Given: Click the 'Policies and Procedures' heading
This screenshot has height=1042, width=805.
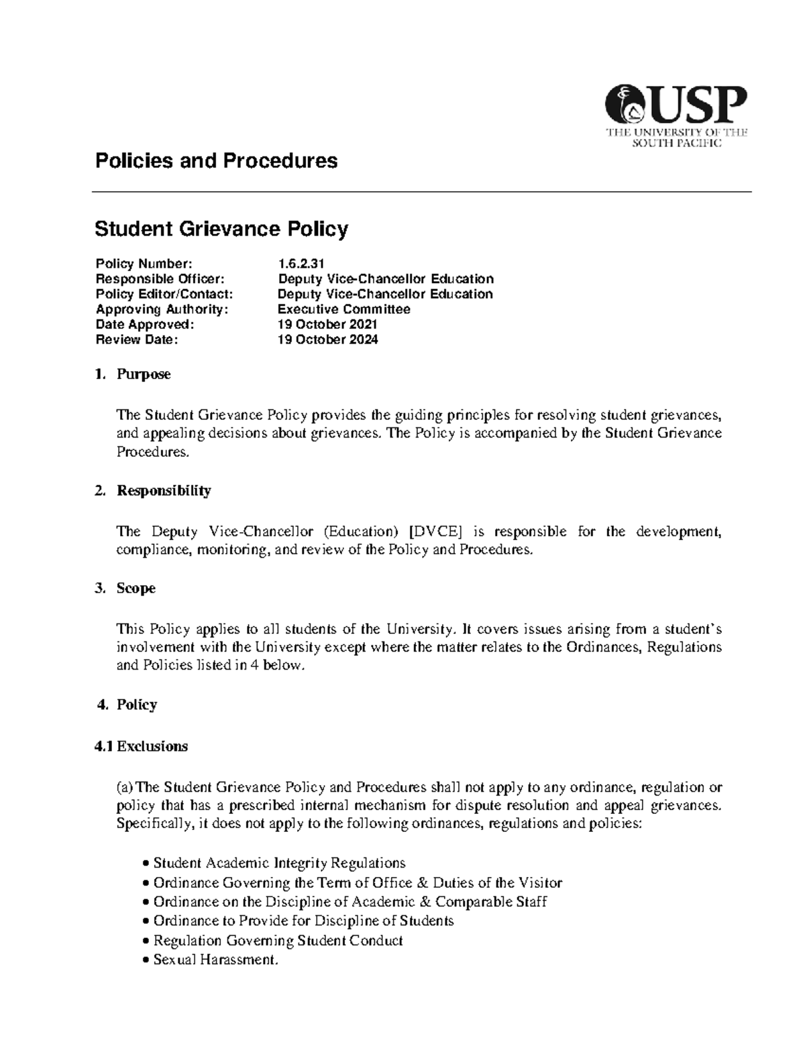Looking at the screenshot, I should pyautogui.click(x=216, y=161).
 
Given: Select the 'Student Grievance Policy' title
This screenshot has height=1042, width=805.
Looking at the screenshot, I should pyautogui.click(x=221, y=229).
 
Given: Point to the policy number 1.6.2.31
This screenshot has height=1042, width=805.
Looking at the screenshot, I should pyautogui.click(x=301, y=264).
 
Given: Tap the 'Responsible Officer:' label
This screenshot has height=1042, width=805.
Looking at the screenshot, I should pyautogui.click(x=160, y=279).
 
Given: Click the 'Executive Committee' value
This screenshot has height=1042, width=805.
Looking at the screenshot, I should pyautogui.click(x=343, y=309).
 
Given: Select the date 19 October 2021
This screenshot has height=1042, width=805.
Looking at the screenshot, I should pyautogui.click(x=327, y=325).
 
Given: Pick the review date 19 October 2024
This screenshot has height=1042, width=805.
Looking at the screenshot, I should pyautogui.click(x=327, y=340).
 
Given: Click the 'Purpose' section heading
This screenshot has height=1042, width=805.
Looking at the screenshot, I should pyautogui.click(x=144, y=374).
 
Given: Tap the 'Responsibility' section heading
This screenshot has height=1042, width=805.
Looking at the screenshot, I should pyautogui.click(x=164, y=490).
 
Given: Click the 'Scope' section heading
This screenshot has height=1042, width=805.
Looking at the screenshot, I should pyautogui.click(x=136, y=588).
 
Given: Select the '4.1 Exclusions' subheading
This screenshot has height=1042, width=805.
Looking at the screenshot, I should pyautogui.click(x=142, y=746).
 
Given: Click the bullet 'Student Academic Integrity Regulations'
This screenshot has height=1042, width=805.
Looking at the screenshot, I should pyautogui.click(x=279, y=863).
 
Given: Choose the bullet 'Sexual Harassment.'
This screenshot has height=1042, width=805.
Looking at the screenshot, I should pyautogui.click(x=215, y=960).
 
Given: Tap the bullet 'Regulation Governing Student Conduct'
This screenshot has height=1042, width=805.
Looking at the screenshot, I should pyautogui.click(x=278, y=941).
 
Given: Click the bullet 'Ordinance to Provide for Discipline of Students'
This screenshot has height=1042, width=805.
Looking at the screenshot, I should pyautogui.click(x=303, y=921).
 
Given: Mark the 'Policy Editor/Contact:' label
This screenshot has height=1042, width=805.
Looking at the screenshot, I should pyautogui.click(x=164, y=294).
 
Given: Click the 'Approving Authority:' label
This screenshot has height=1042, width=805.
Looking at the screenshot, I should pyautogui.click(x=162, y=309).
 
